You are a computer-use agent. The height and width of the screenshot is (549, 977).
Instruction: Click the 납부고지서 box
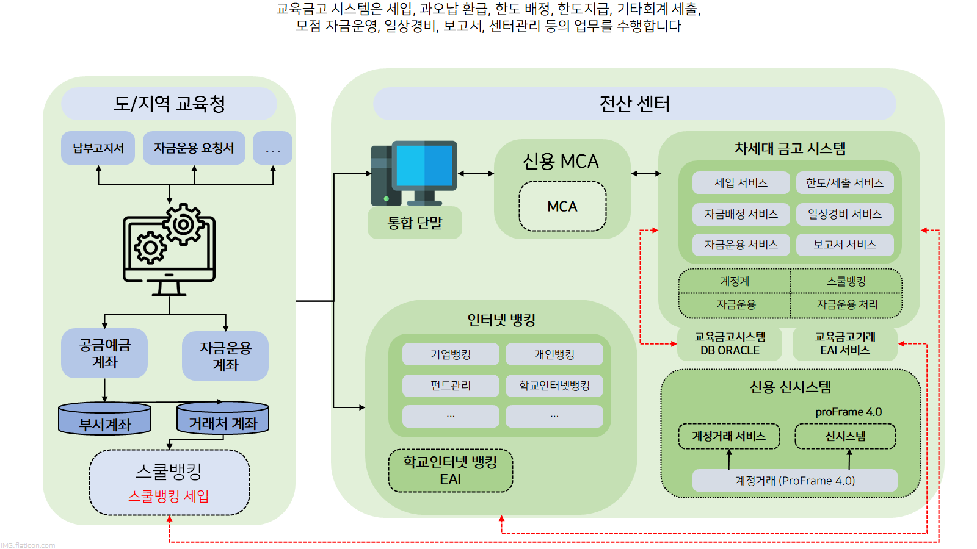[x=98, y=148]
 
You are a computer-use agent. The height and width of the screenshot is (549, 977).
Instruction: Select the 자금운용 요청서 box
[x=194, y=148]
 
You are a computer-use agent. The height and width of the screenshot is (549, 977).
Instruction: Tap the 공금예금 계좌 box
[x=104, y=353]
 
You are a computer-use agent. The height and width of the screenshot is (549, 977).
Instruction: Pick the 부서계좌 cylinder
[x=104, y=419]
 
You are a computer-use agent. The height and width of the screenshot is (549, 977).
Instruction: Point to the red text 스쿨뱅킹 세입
[x=169, y=497]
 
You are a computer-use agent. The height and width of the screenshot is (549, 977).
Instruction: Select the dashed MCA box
[x=562, y=207]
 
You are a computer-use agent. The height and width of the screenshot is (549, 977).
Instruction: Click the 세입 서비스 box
[x=741, y=183]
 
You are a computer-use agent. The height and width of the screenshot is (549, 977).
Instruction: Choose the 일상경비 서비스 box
[x=844, y=214]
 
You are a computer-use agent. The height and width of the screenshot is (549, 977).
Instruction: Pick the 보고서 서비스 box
[x=844, y=245]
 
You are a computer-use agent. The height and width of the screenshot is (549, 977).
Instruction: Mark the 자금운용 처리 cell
[x=847, y=304]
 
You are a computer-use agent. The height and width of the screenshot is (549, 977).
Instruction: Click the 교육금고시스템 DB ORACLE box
[x=730, y=343]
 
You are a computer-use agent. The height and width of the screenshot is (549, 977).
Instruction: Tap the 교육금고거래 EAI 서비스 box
[x=844, y=343]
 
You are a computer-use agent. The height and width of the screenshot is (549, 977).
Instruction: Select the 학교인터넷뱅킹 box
[x=554, y=386]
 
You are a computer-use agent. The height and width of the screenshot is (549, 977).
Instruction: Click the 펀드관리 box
[x=451, y=386]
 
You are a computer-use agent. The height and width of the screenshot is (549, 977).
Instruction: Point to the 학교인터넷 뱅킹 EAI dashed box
[x=451, y=470]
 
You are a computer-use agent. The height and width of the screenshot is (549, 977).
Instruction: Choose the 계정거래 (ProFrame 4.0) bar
[x=794, y=481]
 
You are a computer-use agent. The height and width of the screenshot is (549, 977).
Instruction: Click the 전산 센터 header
[x=634, y=104]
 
